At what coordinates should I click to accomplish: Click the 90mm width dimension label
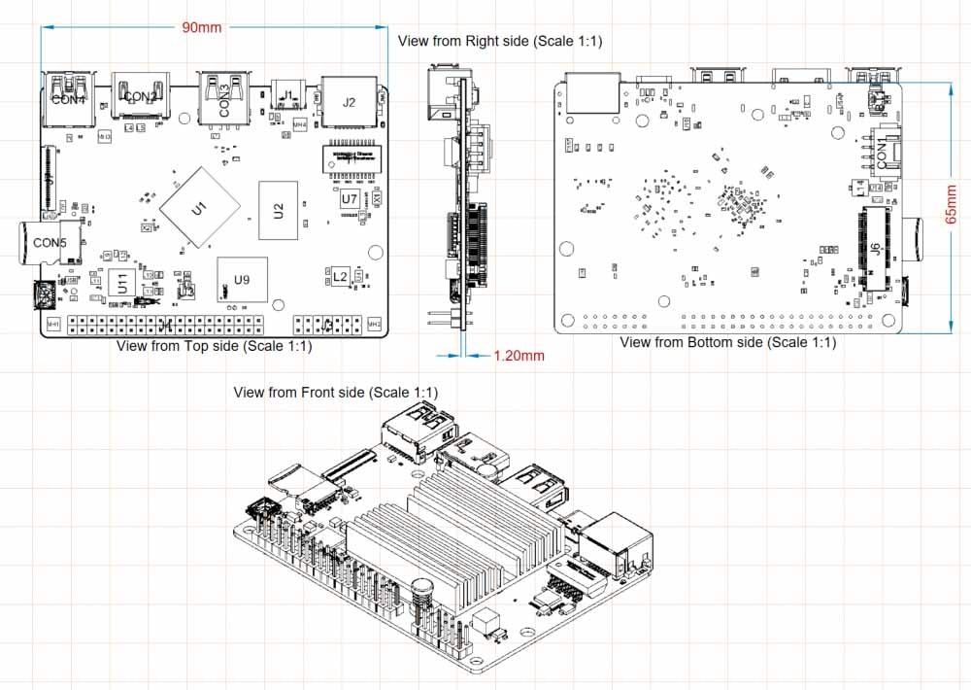pos(202,27)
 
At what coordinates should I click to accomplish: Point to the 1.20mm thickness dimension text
pos(519,356)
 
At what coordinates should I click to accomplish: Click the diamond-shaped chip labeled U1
pos(199,208)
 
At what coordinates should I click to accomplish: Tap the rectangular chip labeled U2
pos(278,209)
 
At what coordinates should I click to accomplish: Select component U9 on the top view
pos(242,280)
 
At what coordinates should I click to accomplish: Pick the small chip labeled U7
pos(349,198)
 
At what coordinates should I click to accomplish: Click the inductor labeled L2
pos(340,277)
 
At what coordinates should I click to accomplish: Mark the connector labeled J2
pos(350,102)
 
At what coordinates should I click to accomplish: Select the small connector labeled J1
pos(287,95)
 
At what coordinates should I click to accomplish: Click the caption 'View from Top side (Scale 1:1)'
pos(214,346)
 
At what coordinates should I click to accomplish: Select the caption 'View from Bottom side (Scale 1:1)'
pos(727,343)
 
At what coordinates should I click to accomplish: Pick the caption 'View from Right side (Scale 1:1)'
pos(501,41)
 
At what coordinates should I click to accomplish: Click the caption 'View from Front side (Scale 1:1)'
pos(336,393)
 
